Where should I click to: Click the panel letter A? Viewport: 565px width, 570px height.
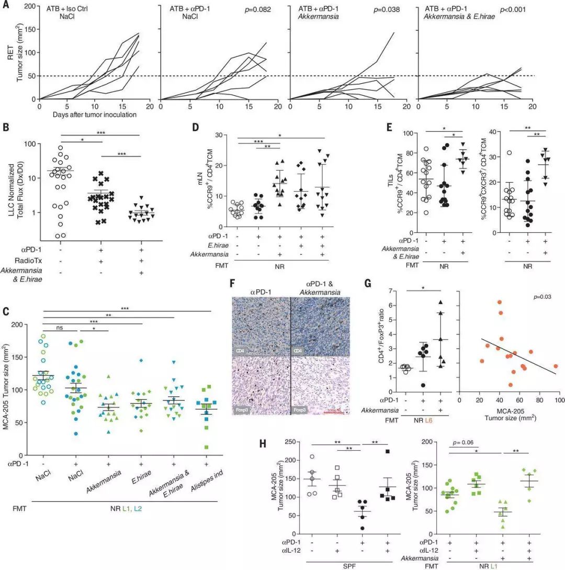pos(5,5)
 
